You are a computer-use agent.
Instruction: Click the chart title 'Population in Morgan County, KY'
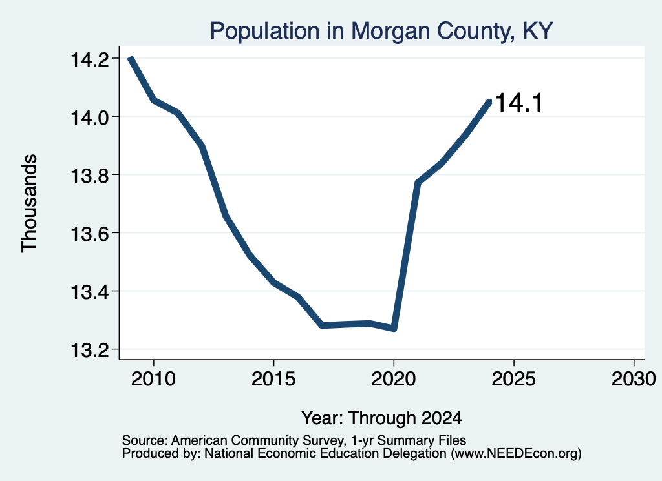[381, 31]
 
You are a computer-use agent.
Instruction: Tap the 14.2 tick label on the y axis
[88, 59]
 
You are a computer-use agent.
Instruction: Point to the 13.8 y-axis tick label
[88, 176]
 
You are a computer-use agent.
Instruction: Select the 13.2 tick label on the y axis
[88, 350]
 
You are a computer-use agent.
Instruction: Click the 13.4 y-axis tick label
[88, 292]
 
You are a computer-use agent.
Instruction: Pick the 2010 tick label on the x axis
[153, 378]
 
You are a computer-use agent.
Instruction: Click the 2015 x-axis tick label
[273, 378]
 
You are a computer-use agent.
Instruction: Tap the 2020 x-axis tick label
[394, 378]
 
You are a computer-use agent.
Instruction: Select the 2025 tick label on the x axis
[514, 378]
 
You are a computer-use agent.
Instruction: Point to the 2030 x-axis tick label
[634, 378]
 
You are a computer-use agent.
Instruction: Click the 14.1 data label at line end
[519, 103]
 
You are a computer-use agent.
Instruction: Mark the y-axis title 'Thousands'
[29, 203]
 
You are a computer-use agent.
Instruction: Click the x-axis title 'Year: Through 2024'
[381, 418]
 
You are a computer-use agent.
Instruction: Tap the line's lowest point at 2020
[394, 328]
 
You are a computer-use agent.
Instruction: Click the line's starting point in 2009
[131, 58]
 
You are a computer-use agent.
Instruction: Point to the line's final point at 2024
[489, 101]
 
